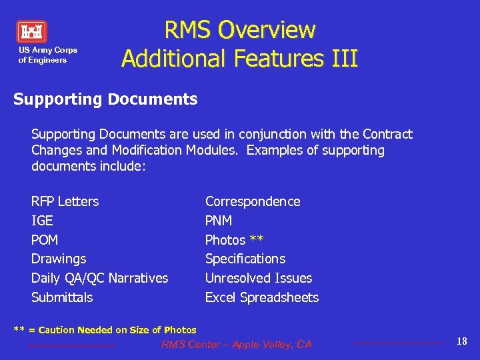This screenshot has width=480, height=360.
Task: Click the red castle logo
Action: click(31, 32)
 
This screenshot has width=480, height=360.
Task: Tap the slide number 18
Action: click(462, 341)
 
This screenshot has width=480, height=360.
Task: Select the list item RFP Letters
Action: click(65, 201)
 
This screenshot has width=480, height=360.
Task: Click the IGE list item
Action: click(42, 221)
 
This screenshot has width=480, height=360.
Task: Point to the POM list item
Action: click(45, 240)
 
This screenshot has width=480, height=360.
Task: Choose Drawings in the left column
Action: click(59, 259)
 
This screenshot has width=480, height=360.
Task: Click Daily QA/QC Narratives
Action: click(99, 278)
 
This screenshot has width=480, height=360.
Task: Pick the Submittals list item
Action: click(62, 297)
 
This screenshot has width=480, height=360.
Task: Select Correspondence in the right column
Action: click(253, 201)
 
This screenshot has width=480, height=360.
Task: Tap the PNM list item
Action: click(219, 221)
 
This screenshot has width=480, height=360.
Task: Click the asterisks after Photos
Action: click(257, 239)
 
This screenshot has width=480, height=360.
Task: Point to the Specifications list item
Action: click(245, 259)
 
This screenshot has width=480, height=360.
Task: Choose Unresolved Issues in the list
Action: click(259, 278)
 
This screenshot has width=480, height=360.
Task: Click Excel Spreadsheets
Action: click(262, 297)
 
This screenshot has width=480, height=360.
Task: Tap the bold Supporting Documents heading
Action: click(105, 99)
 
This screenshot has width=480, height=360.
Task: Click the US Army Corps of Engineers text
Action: click(47, 55)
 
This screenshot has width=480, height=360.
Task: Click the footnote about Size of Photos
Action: click(105, 330)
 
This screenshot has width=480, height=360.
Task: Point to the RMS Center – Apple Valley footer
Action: click(237, 344)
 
